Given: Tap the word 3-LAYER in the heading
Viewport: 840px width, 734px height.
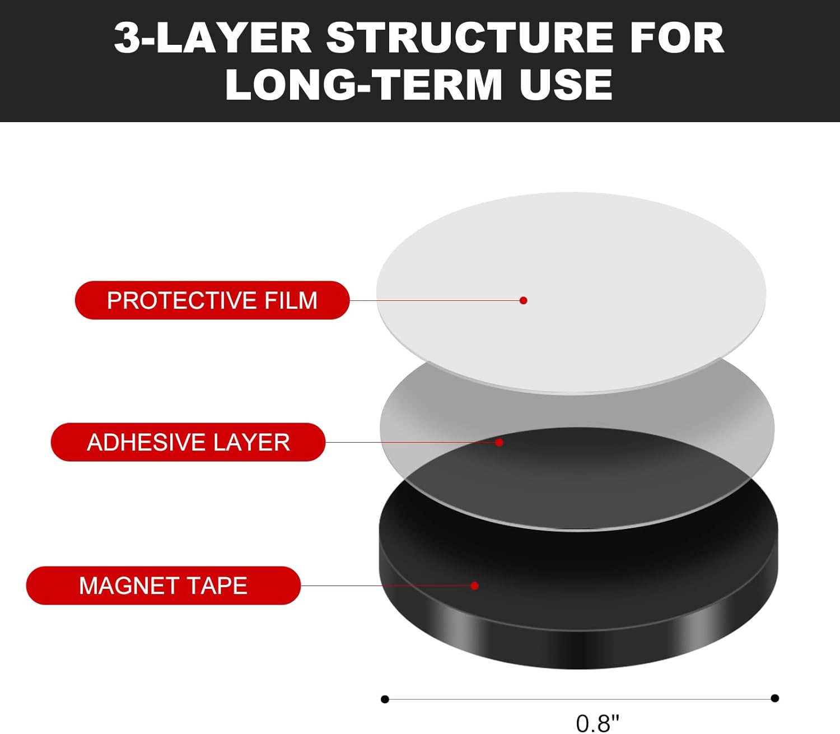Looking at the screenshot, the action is (x=212, y=38).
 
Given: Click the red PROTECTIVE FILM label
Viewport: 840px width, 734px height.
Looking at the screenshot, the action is (x=212, y=300).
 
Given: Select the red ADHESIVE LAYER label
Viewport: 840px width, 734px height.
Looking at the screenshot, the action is (x=188, y=442).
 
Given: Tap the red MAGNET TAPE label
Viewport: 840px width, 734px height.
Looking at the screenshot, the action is (x=164, y=586).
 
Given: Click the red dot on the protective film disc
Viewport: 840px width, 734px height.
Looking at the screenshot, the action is (x=523, y=300).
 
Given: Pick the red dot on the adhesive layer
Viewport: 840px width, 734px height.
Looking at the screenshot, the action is (x=499, y=442).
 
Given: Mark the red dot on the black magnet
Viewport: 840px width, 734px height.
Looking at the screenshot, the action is (x=475, y=586).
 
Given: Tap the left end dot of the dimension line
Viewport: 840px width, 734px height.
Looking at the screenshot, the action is (x=385, y=699).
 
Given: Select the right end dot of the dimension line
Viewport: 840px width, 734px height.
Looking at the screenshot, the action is (x=774, y=698).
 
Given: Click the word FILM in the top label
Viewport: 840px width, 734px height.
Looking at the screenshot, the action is (x=291, y=300).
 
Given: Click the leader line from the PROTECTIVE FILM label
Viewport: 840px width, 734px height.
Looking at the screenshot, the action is (x=436, y=300).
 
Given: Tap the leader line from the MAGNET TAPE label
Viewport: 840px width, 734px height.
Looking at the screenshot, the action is (x=387, y=586).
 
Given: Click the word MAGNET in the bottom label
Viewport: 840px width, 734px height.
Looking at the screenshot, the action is (x=128, y=586).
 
